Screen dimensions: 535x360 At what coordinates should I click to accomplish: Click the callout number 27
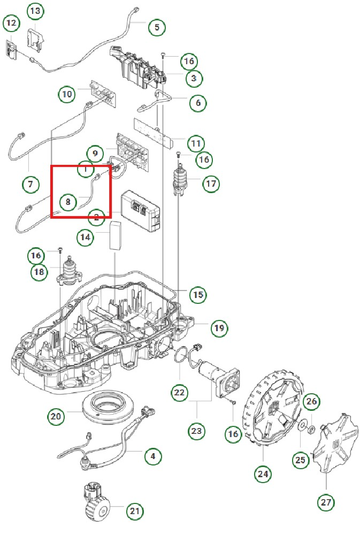(326, 502)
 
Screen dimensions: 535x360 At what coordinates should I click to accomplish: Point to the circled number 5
(156, 27)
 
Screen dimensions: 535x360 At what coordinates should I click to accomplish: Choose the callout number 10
(67, 95)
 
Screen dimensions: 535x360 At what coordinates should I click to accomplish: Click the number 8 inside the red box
(68, 202)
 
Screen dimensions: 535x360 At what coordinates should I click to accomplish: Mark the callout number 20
(56, 416)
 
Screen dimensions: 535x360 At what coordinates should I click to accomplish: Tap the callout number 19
(218, 327)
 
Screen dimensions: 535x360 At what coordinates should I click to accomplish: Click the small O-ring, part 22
(185, 355)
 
